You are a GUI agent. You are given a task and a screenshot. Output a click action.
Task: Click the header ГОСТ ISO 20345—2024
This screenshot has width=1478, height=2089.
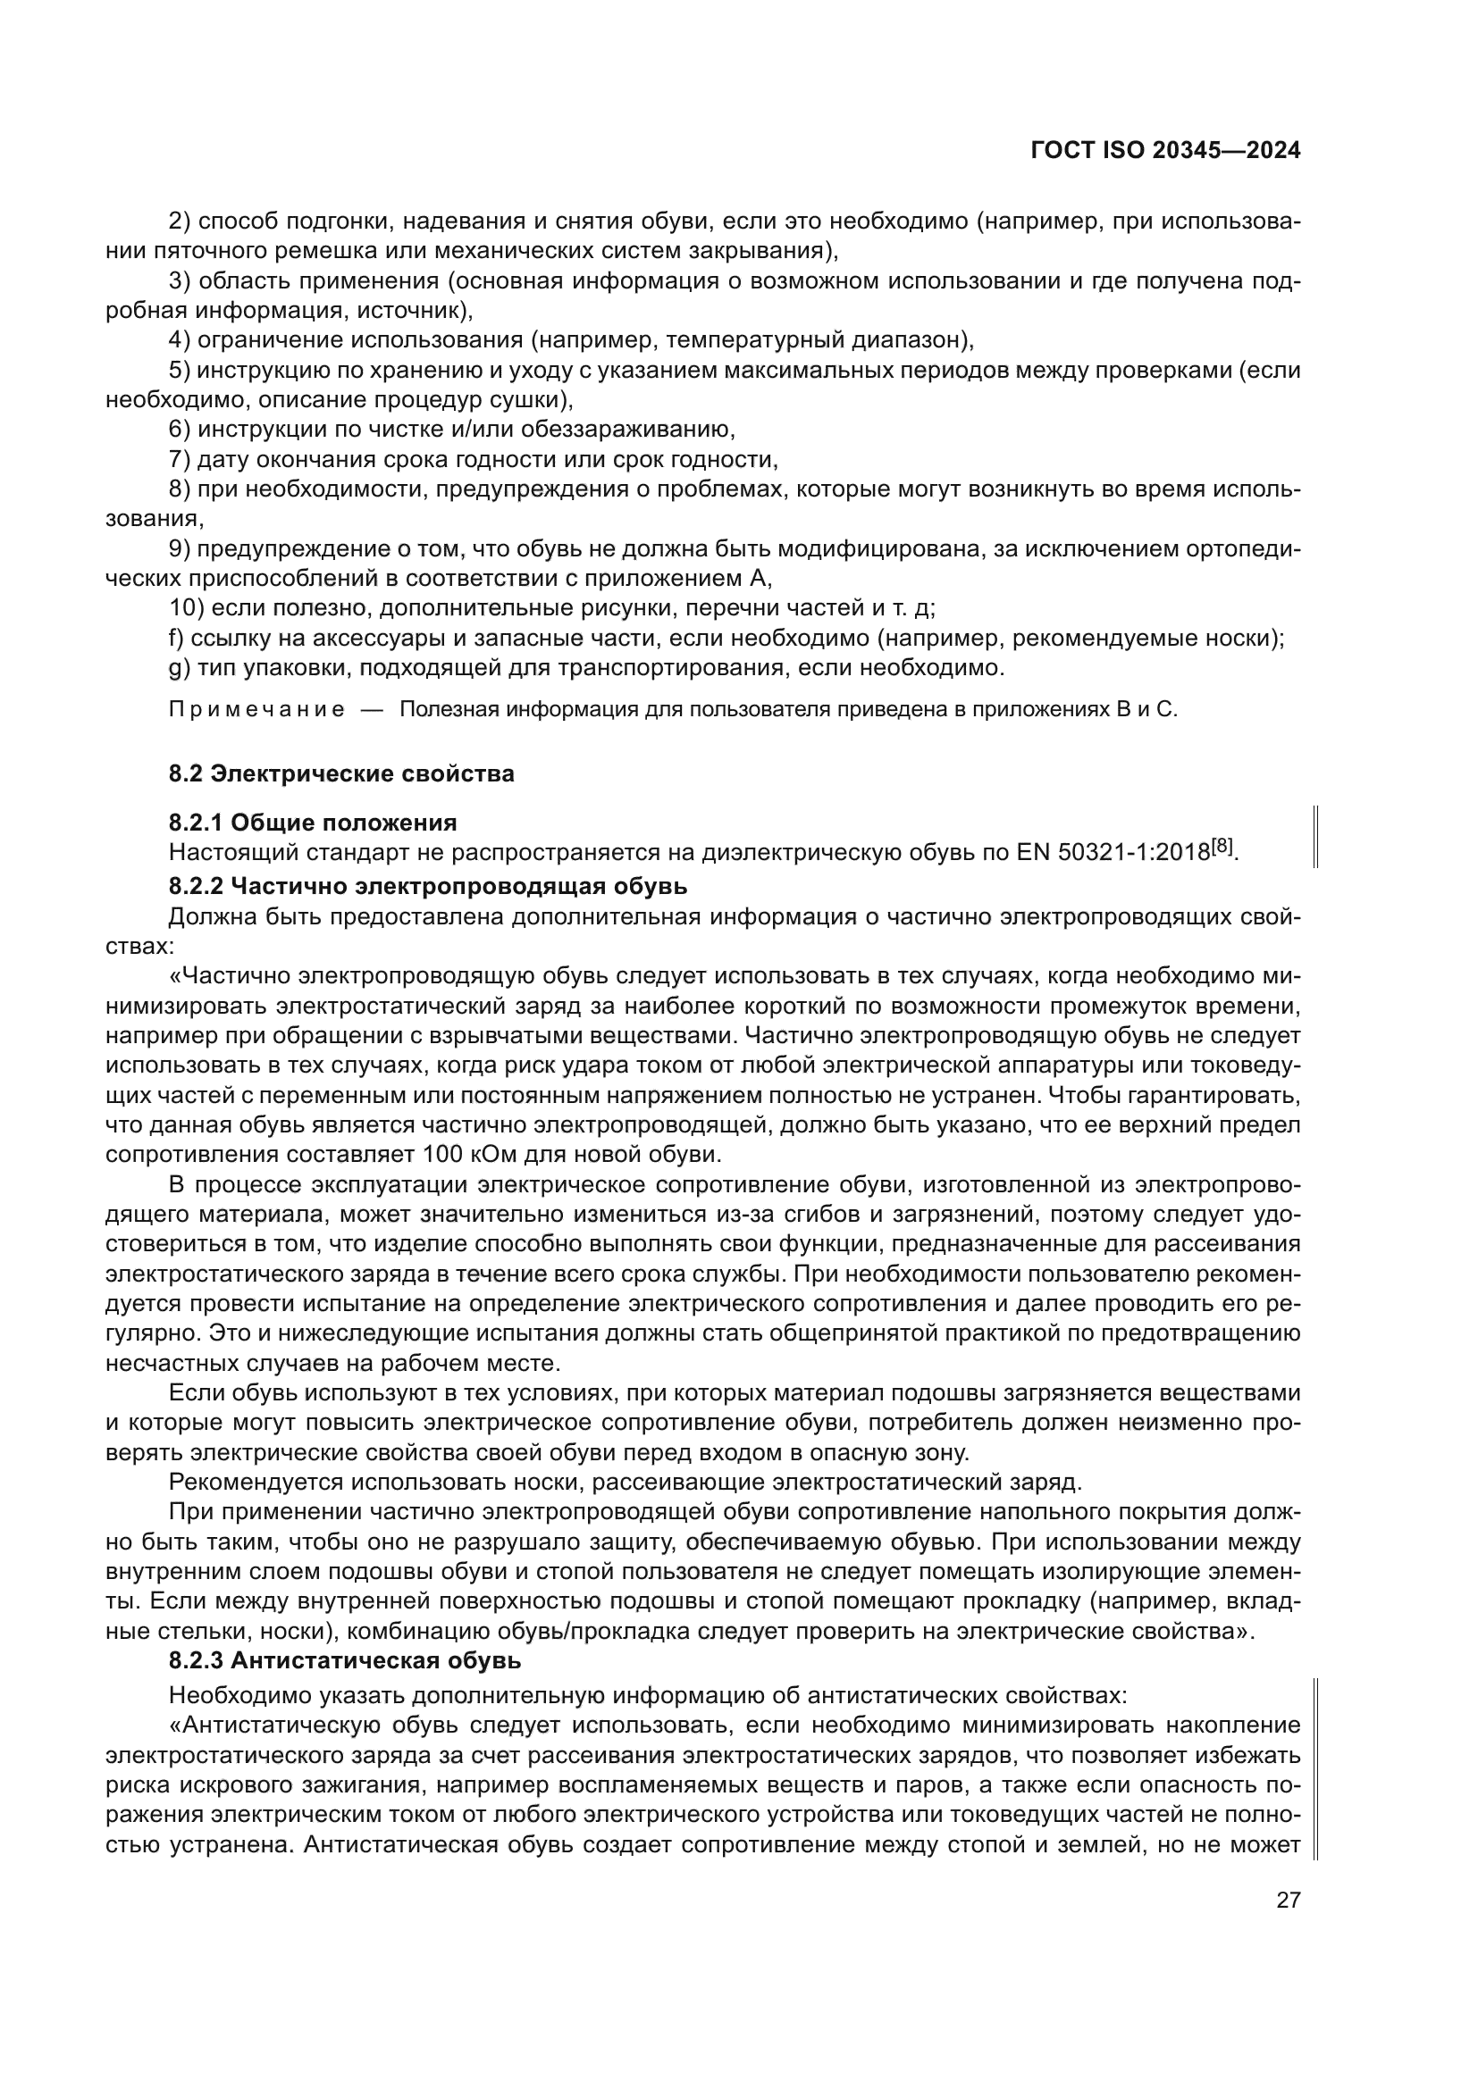point(1165,151)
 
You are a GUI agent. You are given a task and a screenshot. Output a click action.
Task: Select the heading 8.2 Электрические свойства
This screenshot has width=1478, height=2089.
point(341,774)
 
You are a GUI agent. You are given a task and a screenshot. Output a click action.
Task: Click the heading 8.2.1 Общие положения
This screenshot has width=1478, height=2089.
point(313,823)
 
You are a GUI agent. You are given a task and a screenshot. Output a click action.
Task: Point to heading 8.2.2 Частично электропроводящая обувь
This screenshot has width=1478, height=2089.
point(428,886)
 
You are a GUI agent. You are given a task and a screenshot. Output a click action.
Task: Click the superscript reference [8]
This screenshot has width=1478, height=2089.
point(1222,847)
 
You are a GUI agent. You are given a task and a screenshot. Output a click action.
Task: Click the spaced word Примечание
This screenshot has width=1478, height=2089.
point(257,711)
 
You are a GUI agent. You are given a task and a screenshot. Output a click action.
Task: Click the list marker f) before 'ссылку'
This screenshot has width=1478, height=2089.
point(177,638)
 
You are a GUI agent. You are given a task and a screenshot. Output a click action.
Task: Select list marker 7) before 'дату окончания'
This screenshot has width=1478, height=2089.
point(179,459)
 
